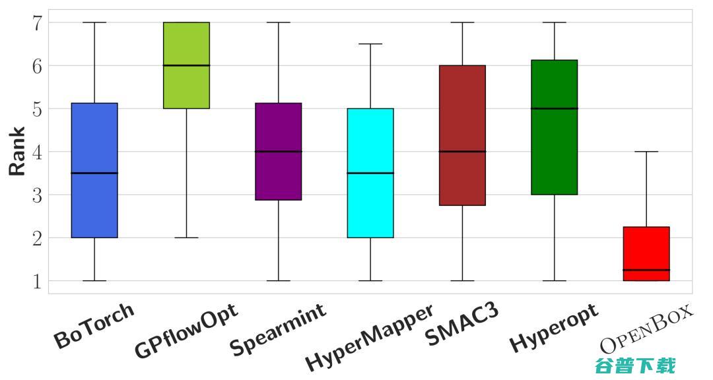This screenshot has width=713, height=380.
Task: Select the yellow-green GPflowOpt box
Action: (186, 86)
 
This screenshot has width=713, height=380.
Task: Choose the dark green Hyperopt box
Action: (554, 152)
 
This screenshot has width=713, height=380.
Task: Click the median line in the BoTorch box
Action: (94, 173)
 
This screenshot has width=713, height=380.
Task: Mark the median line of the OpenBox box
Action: (646, 270)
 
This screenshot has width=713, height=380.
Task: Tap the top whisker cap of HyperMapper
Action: (370, 44)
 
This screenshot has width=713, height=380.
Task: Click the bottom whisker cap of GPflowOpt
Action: (186, 237)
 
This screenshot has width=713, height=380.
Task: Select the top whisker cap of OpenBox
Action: (646, 152)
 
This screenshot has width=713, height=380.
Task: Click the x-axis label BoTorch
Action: (94, 326)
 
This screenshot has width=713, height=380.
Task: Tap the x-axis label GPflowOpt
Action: (186, 331)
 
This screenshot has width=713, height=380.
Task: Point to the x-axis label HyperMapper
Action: (370, 337)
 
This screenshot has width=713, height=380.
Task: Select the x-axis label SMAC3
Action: (461, 325)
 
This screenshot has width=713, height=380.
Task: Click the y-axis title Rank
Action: (18, 151)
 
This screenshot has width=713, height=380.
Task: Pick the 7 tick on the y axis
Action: (37, 23)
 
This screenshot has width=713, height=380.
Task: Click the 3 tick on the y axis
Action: (37, 195)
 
